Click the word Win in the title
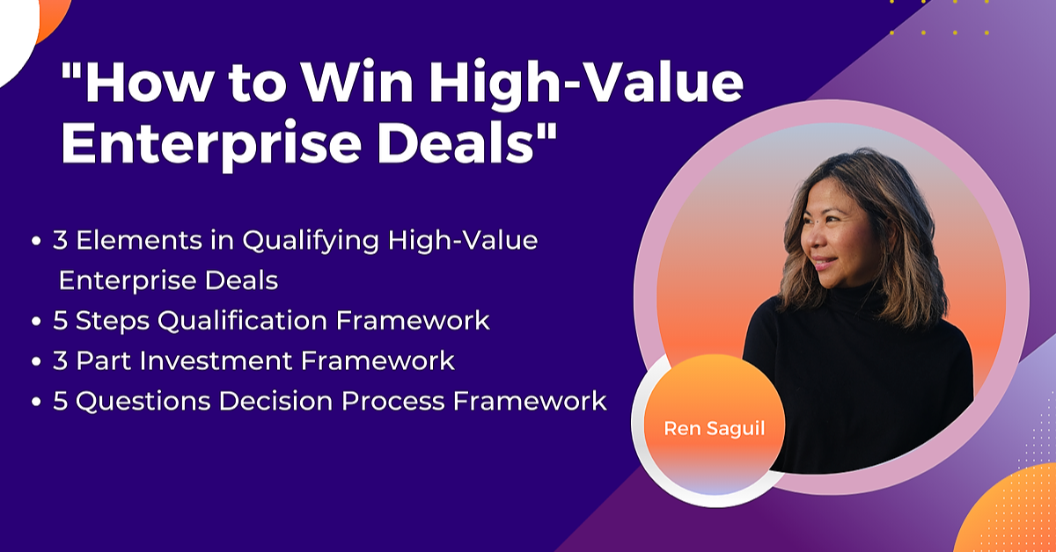[x=357, y=82]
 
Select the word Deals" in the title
[x=466, y=142]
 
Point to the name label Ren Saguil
[x=715, y=429]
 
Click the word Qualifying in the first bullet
[x=311, y=242]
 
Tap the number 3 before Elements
[x=60, y=240]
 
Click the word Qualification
[x=242, y=321]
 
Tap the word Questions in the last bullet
[x=143, y=402]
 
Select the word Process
[x=392, y=402]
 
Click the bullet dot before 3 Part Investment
[x=36, y=362]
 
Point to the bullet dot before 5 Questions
[x=36, y=402]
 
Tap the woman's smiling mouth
[x=825, y=262]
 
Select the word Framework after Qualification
[x=413, y=321]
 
